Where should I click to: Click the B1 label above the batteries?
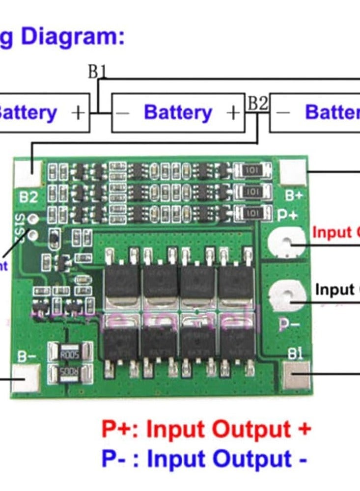coord(97,72)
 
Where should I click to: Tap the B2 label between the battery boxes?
coord(257,104)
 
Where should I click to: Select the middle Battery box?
coord(178,113)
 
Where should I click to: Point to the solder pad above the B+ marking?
coord(293,172)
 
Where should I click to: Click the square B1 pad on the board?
coord(296,375)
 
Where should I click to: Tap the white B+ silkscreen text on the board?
coord(294,195)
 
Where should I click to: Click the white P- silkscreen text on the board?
coord(289,324)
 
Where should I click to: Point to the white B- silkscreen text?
coord(26,356)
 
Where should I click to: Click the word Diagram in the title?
coord(69,37)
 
